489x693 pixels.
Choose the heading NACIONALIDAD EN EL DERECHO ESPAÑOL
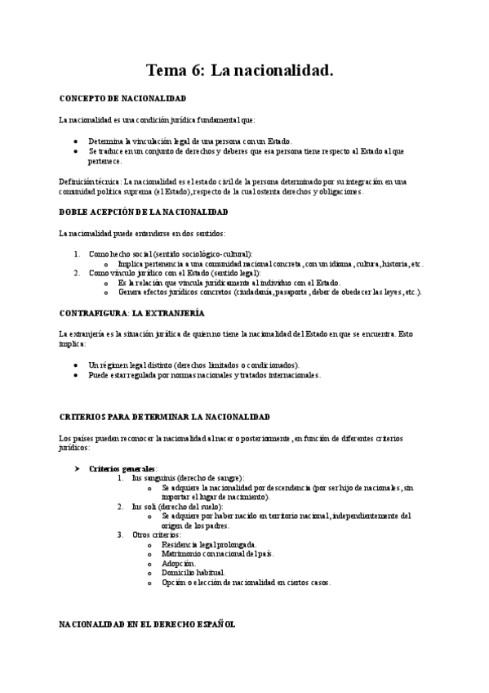coord(147,624)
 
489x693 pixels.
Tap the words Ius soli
coord(144,507)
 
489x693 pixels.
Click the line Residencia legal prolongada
coord(209,544)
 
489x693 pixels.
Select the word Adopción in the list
coord(179,564)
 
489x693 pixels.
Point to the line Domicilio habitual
coord(193,573)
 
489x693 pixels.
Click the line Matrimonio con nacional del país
coord(218,554)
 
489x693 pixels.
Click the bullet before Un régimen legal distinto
coord(75,364)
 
